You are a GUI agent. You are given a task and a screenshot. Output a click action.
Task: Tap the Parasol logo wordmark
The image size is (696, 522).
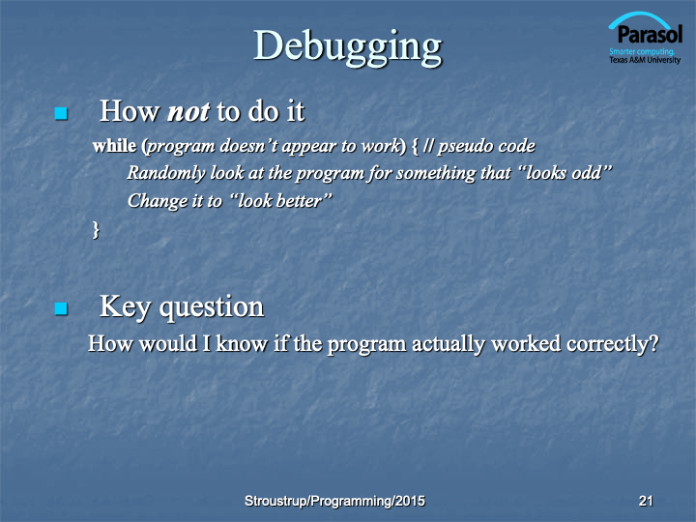[x=650, y=34]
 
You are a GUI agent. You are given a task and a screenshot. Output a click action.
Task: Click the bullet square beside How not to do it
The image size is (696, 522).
[x=61, y=113]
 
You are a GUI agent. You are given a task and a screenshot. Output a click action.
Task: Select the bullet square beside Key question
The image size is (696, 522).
[x=61, y=308]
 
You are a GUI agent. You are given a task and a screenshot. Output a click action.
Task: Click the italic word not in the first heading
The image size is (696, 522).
[x=188, y=111]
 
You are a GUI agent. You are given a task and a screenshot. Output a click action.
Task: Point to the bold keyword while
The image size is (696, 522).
[x=114, y=146]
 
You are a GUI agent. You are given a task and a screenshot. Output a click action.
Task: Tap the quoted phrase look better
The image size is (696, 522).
[x=281, y=201]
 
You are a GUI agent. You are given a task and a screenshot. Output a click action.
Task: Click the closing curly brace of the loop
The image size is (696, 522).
[x=96, y=230]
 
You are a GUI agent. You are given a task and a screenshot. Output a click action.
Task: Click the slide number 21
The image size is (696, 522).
[x=646, y=501]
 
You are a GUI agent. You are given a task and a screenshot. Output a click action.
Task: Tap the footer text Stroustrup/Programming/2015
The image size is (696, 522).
[x=334, y=501]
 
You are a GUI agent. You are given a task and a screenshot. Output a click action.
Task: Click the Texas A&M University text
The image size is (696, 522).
[x=645, y=60]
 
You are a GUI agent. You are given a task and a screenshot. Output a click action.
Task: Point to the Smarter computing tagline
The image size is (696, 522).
[x=642, y=51]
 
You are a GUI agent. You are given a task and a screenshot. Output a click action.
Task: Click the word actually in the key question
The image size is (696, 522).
[x=449, y=344]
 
